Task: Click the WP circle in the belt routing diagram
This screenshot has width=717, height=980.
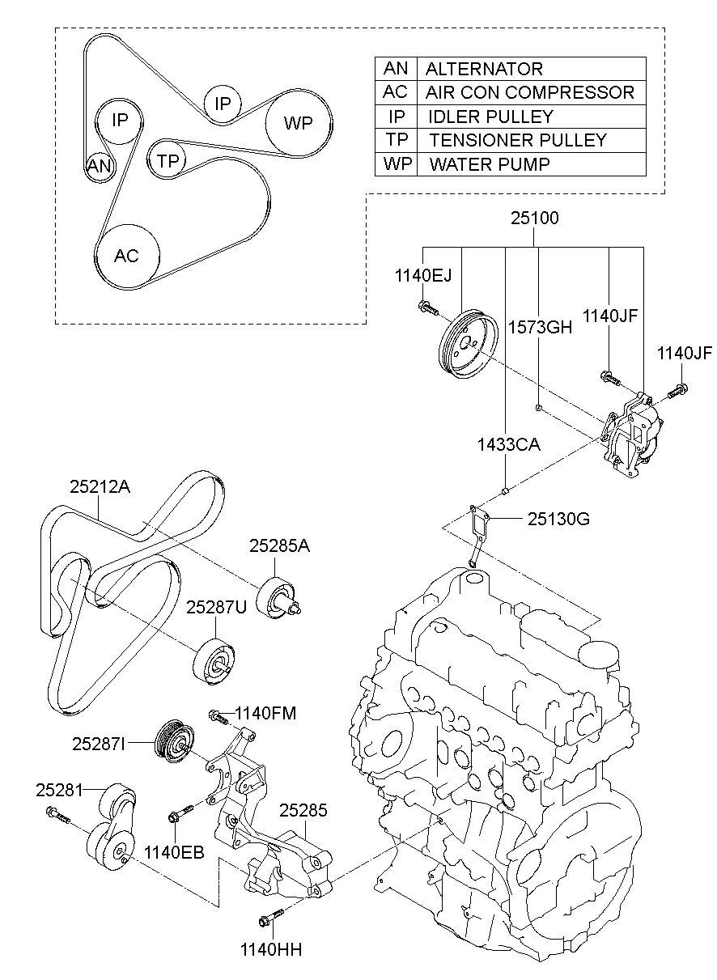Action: [x=298, y=124]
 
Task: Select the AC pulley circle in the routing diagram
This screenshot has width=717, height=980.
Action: [x=126, y=256]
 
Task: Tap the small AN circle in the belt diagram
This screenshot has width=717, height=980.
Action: [x=100, y=167]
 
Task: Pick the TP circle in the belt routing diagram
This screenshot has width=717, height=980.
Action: [x=168, y=160]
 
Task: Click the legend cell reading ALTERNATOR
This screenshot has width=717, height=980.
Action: [x=484, y=69]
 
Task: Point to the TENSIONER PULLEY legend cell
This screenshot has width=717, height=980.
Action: [x=517, y=140]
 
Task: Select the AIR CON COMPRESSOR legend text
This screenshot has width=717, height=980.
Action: [x=529, y=92]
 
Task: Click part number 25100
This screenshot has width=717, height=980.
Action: [x=533, y=218]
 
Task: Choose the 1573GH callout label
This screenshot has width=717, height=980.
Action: [x=540, y=327]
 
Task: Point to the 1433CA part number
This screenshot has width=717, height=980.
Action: [x=507, y=444]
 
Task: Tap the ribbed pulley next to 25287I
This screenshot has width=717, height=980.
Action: [x=175, y=739]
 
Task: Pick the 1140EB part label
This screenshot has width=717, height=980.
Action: [x=174, y=851]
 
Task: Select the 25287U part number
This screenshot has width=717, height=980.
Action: [x=216, y=606]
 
